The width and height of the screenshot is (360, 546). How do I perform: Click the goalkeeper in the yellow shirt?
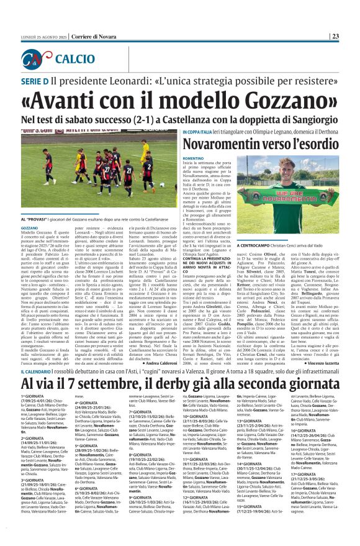pos(144,158)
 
